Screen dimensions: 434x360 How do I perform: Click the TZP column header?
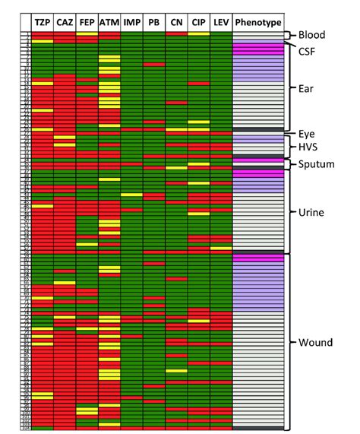[x=43, y=24]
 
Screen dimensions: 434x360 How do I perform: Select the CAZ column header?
[x=65, y=24]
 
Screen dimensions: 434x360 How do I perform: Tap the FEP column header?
[x=87, y=24]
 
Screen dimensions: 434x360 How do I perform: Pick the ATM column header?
[x=109, y=24]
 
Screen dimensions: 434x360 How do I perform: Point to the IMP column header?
[x=131, y=24]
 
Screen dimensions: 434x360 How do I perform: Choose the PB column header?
[x=153, y=24]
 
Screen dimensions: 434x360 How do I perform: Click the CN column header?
[x=176, y=24]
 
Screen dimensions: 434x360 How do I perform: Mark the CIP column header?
[x=198, y=24]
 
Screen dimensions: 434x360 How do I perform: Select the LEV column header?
[x=221, y=24]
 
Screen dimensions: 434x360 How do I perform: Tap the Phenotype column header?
[x=258, y=24]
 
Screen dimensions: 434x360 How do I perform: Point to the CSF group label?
[x=308, y=52]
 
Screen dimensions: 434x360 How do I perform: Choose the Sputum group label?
[x=318, y=164]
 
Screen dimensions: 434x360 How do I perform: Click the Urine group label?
[x=312, y=213]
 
